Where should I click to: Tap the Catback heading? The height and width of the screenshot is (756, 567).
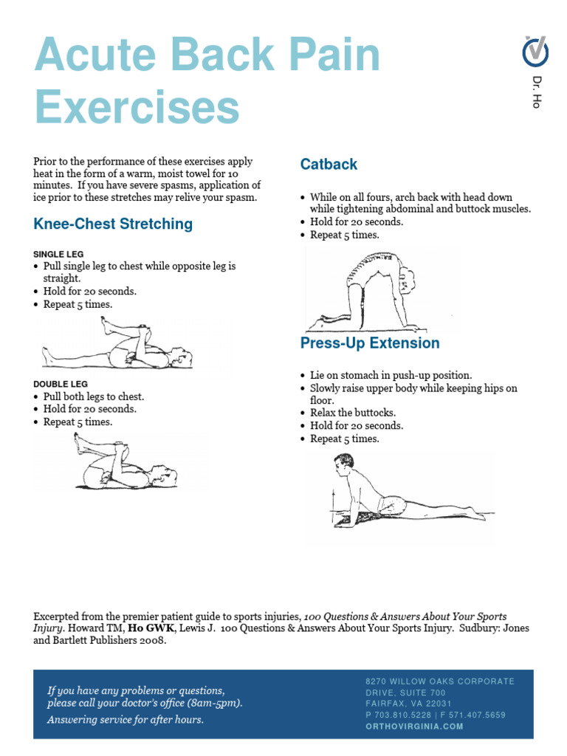point(329,165)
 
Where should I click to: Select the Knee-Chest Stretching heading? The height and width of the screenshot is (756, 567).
point(113,224)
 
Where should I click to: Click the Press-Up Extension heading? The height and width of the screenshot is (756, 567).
point(369,343)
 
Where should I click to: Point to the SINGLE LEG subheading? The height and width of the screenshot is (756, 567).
point(58,254)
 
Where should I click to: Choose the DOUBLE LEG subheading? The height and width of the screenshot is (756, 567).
point(61,384)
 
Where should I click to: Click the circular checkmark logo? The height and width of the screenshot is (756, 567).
point(536,52)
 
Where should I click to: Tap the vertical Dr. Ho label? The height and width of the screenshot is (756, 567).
point(537,92)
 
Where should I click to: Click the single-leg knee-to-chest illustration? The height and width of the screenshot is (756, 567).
point(118,345)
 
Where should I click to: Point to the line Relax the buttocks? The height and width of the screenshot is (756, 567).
point(353,413)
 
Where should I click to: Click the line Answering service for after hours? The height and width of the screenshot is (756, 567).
point(126,720)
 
